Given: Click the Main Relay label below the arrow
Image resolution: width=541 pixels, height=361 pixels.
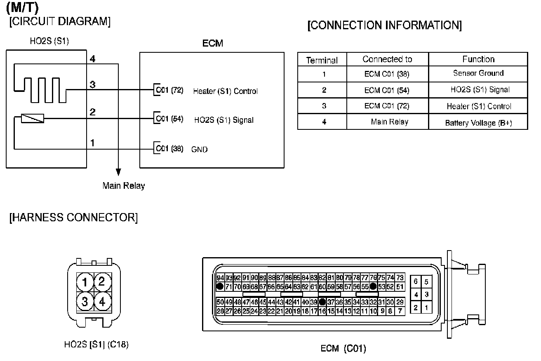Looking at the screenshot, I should point(124,186).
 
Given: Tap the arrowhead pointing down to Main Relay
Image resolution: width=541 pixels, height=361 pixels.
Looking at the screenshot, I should point(118,172).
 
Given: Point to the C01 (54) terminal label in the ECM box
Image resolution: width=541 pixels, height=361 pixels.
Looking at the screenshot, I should point(169,120).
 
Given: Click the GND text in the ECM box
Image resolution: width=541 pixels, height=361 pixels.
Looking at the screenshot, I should point(200,149).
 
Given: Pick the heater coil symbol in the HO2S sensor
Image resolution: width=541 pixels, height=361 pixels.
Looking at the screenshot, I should point(40,83).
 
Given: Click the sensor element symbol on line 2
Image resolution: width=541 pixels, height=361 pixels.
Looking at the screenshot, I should point(32,119).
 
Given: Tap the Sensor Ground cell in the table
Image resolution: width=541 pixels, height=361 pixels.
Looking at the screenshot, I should point(478,73).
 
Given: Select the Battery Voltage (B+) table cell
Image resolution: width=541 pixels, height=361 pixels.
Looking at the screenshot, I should point(478,123).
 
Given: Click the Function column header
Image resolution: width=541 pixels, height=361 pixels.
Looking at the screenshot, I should point(478,59).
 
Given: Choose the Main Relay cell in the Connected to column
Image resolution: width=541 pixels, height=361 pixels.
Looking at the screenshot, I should point(389,122).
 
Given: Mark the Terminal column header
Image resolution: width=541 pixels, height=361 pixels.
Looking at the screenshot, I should point(322,61).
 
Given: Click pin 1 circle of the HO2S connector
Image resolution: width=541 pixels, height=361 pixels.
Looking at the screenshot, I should point(85,282).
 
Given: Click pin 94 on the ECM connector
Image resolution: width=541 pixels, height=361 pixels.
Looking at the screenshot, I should point(220,278).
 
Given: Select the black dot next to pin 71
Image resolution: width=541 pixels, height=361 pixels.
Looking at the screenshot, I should point(220,286).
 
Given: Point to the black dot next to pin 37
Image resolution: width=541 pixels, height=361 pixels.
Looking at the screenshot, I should point(322,302).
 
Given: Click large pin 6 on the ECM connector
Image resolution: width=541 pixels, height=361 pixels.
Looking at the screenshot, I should point(416,281).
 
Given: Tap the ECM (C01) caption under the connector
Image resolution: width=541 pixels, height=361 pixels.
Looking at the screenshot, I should point(343,349).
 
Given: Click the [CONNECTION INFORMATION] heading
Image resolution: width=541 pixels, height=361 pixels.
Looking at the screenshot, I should point(384,26).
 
